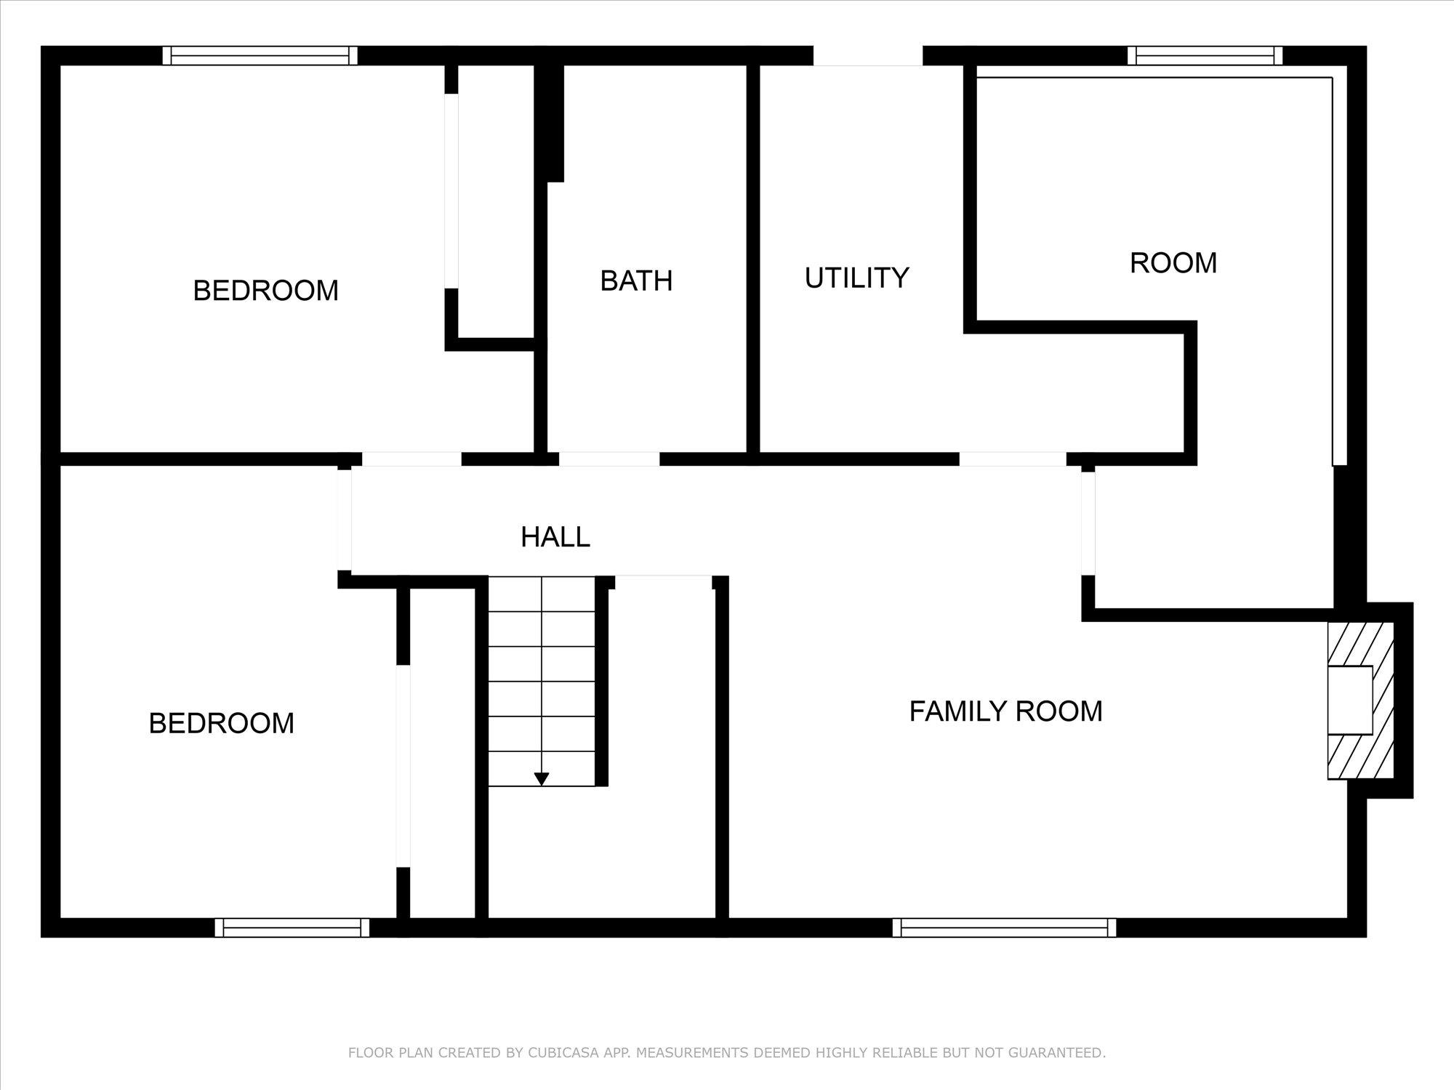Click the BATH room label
tap(636, 281)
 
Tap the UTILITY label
tap(856, 278)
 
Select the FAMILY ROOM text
tap(1005, 711)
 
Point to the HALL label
tap(555, 537)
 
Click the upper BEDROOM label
tap(265, 291)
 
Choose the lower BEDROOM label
tap(221, 724)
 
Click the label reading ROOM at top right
tap(1173, 263)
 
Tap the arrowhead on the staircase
tap(541, 779)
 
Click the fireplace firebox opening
tap(1350, 700)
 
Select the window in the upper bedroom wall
tap(260, 56)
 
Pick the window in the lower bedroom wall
tap(292, 928)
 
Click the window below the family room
tap(1004, 928)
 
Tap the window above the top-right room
tap(1205, 56)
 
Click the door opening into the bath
tap(609, 459)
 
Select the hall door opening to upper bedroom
tap(411, 459)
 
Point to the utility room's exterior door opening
tap(868, 56)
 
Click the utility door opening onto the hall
tap(1013, 459)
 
